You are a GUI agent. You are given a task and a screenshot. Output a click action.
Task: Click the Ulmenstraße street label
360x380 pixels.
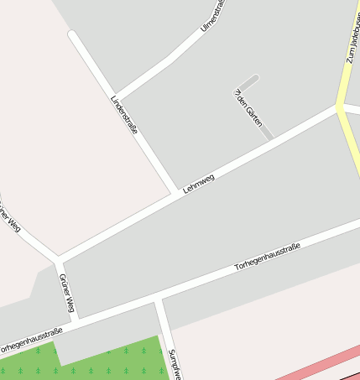tap(215, 17)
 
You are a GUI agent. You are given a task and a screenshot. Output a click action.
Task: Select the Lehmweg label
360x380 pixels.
tap(199, 184)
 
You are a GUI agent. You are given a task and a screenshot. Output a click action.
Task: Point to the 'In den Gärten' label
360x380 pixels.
tap(248, 108)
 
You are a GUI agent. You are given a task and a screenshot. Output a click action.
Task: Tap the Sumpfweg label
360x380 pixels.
tap(175, 364)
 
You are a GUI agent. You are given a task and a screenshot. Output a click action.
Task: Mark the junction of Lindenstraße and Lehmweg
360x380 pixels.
tap(177, 192)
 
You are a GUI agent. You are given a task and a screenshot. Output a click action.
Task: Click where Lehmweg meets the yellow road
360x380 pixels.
tap(339, 107)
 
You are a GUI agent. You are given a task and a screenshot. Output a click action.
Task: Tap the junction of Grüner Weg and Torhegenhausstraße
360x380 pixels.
tap(76, 320)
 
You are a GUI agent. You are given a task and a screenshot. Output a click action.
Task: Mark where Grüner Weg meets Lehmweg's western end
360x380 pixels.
tap(58, 258)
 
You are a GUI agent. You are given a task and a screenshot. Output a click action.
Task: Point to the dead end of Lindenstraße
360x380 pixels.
tap(72, 34)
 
